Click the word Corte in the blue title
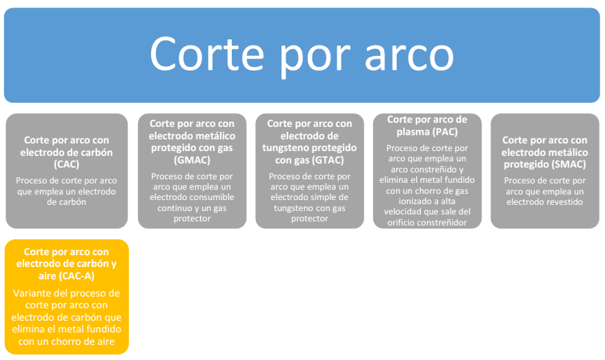tap(207, 54)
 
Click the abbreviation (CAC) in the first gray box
tap(66, 164)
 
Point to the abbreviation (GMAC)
tap(192, 160)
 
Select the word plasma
tap(411, 132)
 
